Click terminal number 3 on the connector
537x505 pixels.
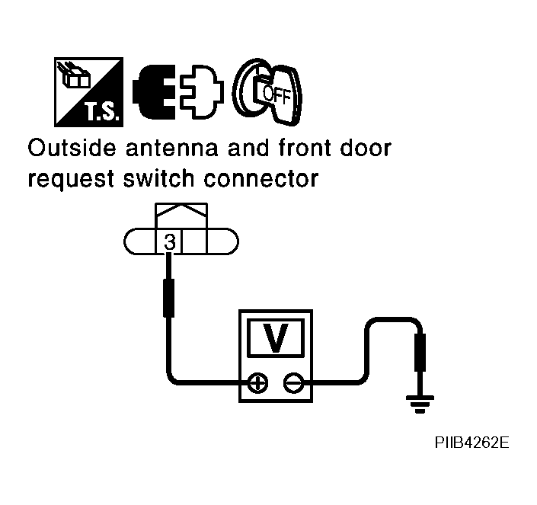click(169, 242)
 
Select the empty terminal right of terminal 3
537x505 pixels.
click(195, 242)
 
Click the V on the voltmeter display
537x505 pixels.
click(276, 338)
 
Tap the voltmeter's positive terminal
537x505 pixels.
click(257, 383)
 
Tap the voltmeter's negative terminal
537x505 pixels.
click(292, 383)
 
